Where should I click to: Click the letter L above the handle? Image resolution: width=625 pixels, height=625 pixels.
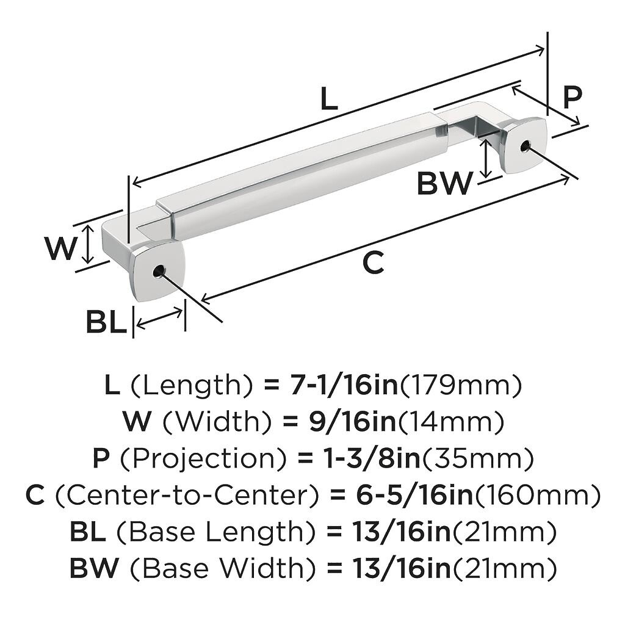[x=329, y=99]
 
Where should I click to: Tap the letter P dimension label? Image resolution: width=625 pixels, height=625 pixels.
[x=572, y=97]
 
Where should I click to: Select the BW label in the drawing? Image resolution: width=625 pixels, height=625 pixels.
[x=445, y=183]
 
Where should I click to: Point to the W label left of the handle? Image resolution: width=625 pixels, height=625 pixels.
[x=62, y=248]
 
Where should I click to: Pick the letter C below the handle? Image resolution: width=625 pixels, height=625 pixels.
[x=373, y=263]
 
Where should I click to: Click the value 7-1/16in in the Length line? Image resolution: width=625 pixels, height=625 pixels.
[x=339, y=385]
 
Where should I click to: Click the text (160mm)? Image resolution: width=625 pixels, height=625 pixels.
[x=537, y=496]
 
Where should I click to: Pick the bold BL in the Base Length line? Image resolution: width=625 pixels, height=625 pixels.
[x=87, y=532]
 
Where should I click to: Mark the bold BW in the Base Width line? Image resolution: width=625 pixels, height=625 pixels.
[x=93, y=569]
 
